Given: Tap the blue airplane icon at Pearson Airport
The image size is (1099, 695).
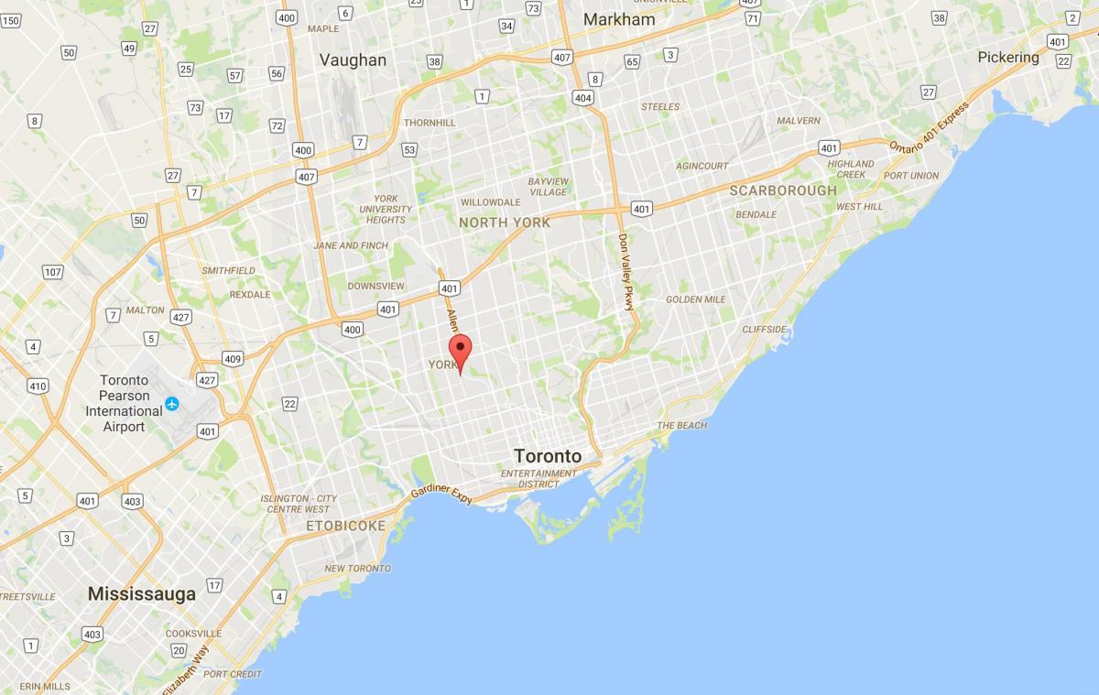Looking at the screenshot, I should pyautogui.click(x=171, y=403).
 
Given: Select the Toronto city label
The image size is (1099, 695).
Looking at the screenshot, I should pyautogui.click(x=548, y=456).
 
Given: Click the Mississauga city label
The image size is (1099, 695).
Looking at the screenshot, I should pyautogui.click(x=142, y=593).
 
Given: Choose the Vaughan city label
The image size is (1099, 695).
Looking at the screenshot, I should pyautogui.click(x=353, y=60).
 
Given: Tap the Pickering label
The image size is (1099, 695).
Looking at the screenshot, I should pyautogui.click(x=1008, y=57).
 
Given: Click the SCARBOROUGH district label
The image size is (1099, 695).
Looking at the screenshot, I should pyautogui.click(x=783, y=190).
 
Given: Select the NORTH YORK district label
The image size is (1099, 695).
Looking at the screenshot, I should pyautogui.click(x=505, y=223).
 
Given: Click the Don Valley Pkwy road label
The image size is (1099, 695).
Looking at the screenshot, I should pyautogui.click(x=626, y=272).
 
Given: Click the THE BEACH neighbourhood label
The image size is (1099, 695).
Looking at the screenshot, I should pyautogui.click(x=681, y=426).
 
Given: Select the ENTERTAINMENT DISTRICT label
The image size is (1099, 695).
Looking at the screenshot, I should pyautogui.click(x=539, y=479).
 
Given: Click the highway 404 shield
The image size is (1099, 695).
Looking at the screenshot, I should pyautogui.click(x=582, y=97).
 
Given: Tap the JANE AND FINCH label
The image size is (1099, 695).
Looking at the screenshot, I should pyautogui.click(x=350, y=245).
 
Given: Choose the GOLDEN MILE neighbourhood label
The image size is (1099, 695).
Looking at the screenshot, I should pyautogui.click(x=696, y=299).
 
